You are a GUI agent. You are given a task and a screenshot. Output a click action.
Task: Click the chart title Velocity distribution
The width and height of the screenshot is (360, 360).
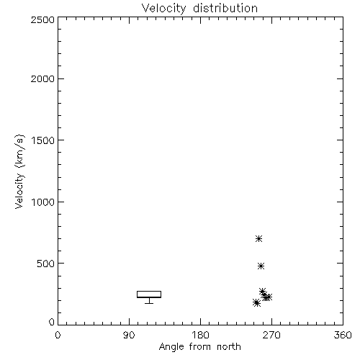pyautogui.click(x=199, y=9)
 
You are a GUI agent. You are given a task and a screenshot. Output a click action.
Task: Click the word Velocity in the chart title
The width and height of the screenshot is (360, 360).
pyautogui.click(x=163, y=9)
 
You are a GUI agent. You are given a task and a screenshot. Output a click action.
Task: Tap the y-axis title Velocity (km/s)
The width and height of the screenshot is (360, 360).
pyautogui.click(x=19, y=172)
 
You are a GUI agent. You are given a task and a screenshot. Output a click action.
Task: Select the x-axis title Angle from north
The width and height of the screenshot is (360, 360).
pyautogui.click(x=199, y=346)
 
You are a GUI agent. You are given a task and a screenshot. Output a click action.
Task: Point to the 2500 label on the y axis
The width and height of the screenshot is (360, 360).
pyautogui.click(x=42, y=19)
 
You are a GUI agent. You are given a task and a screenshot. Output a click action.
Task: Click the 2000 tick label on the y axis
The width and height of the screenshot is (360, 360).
pyautogui.click(x=42, y=78)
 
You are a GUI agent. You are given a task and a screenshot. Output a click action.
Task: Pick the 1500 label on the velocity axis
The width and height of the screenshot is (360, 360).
pyautogui.click(x=43, y=140)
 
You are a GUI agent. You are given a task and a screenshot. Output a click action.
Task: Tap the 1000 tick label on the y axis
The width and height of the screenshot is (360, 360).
pyautogui.click(x=43, y=202)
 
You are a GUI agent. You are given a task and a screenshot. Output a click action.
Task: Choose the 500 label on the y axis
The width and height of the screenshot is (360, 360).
pyautogui.click(x=45, y=264)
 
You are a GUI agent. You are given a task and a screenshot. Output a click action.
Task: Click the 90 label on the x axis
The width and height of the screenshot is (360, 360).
pyautogui.click(x=129, y=335)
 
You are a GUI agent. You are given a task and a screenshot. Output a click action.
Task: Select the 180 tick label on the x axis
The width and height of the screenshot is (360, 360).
pyautogui.click(x=200, y=335)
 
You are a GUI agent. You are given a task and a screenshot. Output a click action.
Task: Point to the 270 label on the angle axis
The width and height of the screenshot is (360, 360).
pyautogui.click(x=271, y=335)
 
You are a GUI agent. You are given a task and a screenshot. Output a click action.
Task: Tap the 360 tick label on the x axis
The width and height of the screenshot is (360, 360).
pyautogui.click(x=343, y=335)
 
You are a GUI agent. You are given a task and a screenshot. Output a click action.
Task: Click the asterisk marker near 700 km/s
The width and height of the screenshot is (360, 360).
pyautogui.click(x=258, y=238)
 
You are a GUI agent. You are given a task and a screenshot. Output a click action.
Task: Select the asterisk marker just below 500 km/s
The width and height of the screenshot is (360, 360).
pyautogui.click(x=261, y=266)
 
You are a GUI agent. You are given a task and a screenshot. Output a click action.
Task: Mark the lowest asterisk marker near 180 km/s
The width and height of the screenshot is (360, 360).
pyautogui.click(x=256, y=303)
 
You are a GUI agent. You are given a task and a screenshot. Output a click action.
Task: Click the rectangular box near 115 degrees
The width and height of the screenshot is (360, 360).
pyautogui.click(x=149, y=292)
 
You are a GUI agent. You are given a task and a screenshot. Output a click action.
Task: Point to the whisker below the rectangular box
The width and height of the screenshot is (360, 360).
pyautogui.click(x=149, y=301)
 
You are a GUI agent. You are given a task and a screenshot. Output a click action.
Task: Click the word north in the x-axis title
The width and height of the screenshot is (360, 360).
pyautogui.click(x=229, y=346)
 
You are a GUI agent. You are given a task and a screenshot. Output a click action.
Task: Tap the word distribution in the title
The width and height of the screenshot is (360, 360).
pyautogui.click(x=225, y=9)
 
